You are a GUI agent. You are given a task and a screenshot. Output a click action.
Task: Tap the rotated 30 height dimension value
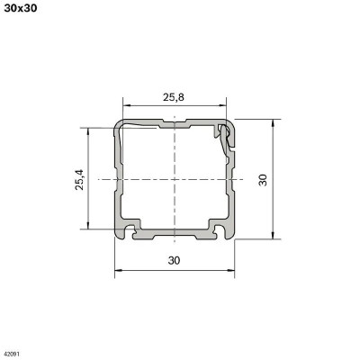pos(262,179)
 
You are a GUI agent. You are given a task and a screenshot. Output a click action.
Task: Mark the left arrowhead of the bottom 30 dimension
pos(117,269)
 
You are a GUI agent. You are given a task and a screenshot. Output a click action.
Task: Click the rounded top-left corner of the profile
pos(118,122)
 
